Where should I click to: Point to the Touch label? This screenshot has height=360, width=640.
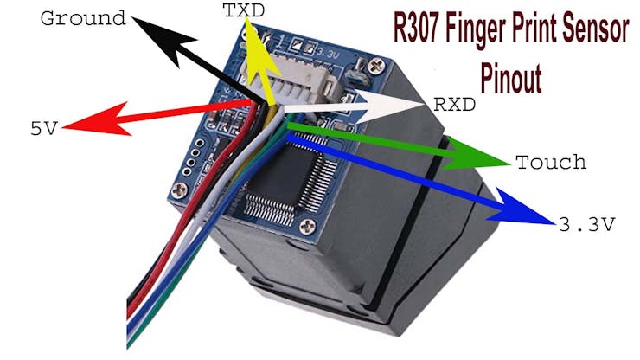pyautogui.click(x=550, y=162)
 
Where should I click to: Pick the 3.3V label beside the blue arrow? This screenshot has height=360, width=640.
pyautogui.click(x=586, y=225)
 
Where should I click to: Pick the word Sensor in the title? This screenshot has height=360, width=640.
pyautogui.click(x=595, y=32)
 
